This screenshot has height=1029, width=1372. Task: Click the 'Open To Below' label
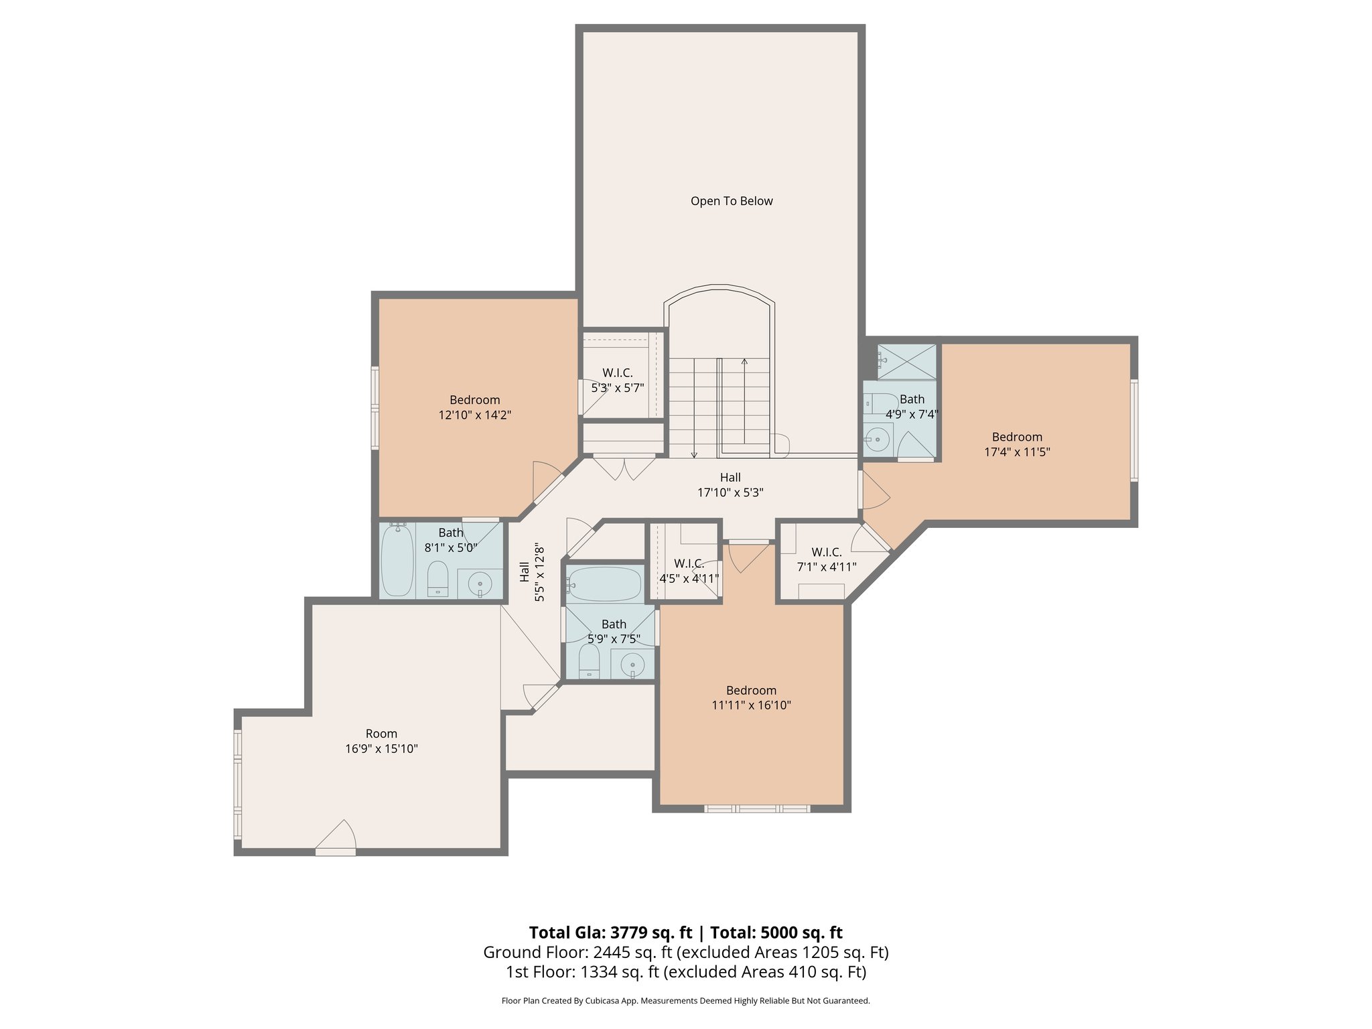(x=732, y=201)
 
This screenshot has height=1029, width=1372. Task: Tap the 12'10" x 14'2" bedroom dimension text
(x=474, y=415)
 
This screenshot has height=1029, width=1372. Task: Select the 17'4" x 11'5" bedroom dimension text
(x=1016, y=452)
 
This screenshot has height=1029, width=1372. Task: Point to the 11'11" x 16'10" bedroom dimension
(x=751, y=705)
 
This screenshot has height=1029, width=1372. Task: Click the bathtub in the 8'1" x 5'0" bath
(x=397, y=561)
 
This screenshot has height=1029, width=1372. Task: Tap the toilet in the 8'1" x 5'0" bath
(x=437, y=577)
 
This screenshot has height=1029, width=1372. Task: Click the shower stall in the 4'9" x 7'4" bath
(x=907, y=362)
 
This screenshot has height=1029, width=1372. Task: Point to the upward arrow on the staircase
(x=744, y=364)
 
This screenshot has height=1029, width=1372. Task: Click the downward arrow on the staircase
(x=694, y=454)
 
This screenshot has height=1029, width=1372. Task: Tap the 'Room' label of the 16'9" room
(x=381, y=734)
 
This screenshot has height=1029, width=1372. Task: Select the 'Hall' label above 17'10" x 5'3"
(x=730, y=478)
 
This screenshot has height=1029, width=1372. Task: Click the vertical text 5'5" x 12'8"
(x=540, y=573)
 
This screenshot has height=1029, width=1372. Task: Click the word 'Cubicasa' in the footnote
(x=601, y=1001)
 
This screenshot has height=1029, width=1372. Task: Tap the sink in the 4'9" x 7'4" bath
(x=877, y=440)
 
